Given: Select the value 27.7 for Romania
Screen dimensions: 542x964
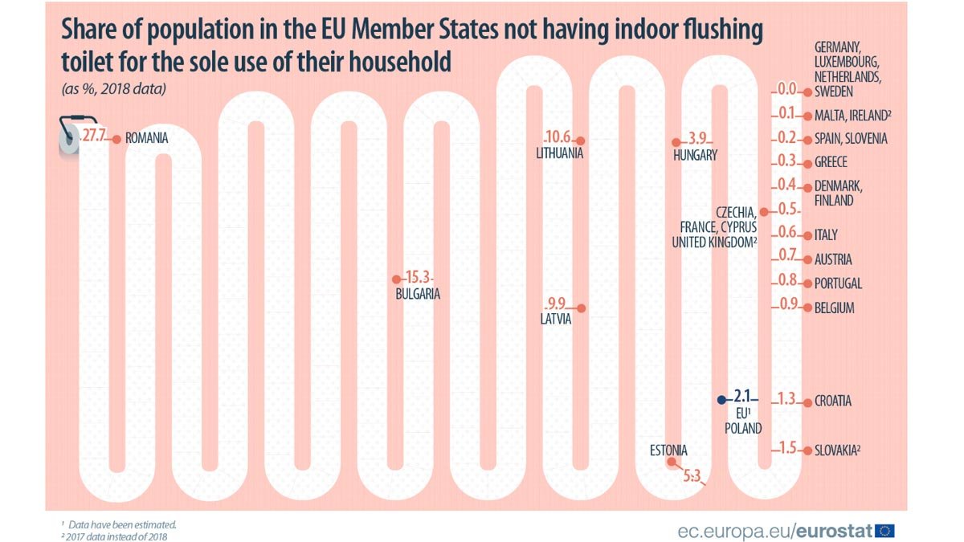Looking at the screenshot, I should [96, 138].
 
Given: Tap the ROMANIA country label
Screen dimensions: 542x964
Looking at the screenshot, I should [146, 138].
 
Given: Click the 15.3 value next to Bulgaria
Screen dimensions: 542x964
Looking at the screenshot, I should [418, 278].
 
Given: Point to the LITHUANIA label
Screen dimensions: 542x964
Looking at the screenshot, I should [559, 153].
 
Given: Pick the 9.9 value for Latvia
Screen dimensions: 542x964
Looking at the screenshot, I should [557, 304].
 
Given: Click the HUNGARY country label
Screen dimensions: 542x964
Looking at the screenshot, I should [695, 155].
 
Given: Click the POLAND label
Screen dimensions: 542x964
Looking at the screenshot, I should [743, 429].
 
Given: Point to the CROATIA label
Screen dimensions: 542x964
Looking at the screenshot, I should [832, 401].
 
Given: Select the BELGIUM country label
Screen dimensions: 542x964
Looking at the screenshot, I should [834, 308].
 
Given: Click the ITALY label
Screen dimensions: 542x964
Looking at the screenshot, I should [825, 234].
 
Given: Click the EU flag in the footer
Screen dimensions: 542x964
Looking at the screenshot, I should [885, 530].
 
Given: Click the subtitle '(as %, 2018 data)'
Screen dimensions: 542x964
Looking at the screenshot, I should [113, 89].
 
